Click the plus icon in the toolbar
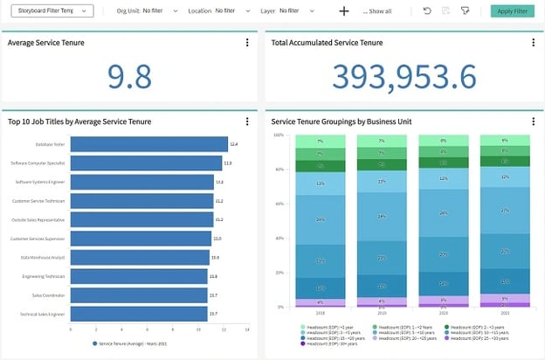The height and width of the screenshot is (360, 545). [344, 11]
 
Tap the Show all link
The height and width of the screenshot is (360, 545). [378, 12]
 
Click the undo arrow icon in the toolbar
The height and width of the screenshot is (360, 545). [427, 11]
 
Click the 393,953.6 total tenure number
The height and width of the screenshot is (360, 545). [404, 77]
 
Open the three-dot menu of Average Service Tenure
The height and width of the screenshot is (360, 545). [247, 42]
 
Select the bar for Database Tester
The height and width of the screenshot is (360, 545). [148, 144]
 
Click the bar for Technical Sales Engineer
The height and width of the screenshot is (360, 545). [138, 313]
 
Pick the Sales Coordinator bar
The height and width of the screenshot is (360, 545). [138, 294]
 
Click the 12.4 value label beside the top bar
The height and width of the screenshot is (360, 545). [233, 144]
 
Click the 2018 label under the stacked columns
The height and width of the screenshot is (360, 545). [321, 312]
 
